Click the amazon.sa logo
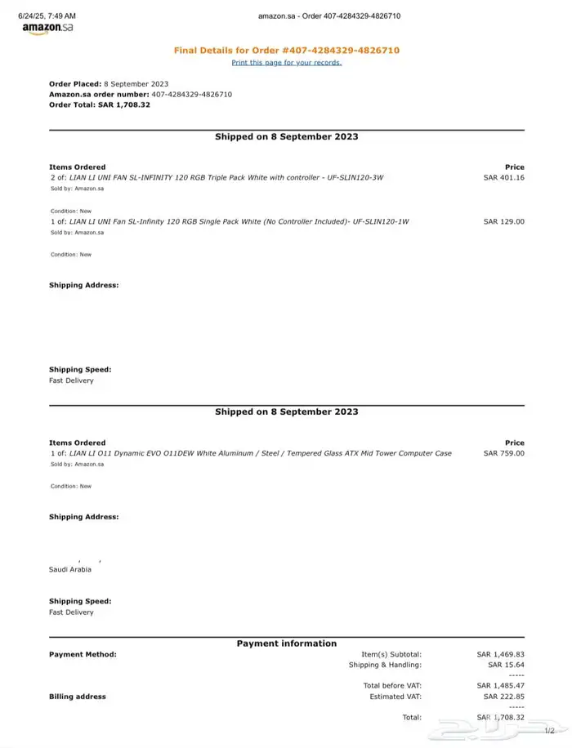pyautogui.click(x=47, y=29)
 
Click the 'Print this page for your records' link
pyautogui.click(x=286, y=63)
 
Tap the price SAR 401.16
pyautogui.click(x=503, y=177)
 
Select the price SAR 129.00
pyautogui.click(x=503, y=221)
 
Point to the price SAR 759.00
pyautogui.click(x=503, y=453)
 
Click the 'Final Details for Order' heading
pyautogui.click(x=286, y=51)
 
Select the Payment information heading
pyautogui.click(x=286, y=643)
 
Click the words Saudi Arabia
pyautogui.click(x=70, y=569)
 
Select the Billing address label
pyautogui.click(x=78, y=697)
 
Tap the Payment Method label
pyautogui.click(x=83, y=654)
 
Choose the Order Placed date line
pyautogui.click(x=109, y=84)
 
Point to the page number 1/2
pyautogui.click(x=549, y=731)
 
